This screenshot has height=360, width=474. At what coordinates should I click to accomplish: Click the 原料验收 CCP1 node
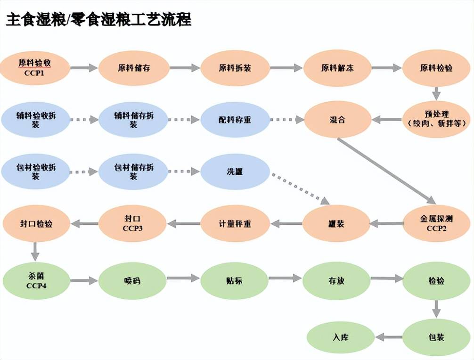point(36,68)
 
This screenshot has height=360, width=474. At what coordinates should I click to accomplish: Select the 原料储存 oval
point(134,68)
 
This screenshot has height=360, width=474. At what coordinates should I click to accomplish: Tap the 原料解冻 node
point(337,68)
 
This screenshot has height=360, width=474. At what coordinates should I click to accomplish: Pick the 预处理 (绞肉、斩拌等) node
point(436,119)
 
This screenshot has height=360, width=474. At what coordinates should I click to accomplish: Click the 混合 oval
point(337,120)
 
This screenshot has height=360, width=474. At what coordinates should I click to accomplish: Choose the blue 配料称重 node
point(235,120)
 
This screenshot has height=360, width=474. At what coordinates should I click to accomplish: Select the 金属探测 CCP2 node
point(436,223)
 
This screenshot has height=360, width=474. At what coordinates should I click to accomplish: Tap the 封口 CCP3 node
point(133,223)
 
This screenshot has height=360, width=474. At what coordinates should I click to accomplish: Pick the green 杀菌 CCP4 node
point(36,281)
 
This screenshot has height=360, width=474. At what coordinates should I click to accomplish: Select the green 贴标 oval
point(235,281)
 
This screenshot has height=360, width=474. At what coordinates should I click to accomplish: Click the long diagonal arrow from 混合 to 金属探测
point(386,170)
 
